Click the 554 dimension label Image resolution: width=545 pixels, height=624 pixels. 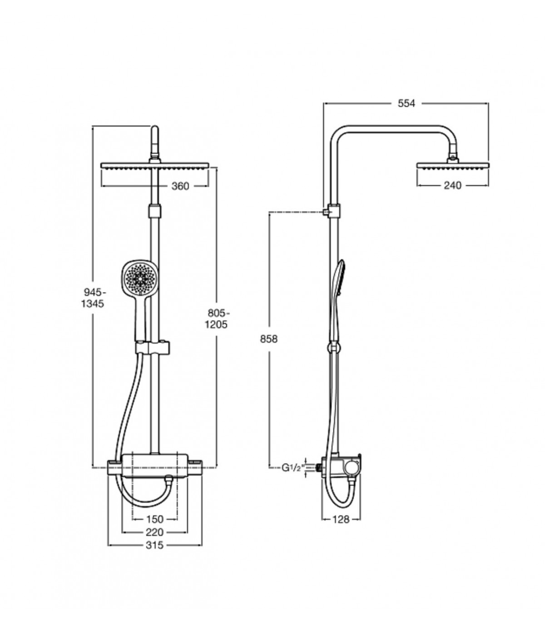pyautogui.click(x=406, y=104)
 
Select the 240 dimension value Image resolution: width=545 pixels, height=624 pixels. pyautogui.click(x=452, y=186)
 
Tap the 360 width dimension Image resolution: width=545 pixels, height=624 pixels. pyautogui.click(x=180, y=186)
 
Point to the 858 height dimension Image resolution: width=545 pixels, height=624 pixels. pyautogui.click(x=268, y=339)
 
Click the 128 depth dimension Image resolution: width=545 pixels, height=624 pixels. pyautogui.click(x=341, y=519)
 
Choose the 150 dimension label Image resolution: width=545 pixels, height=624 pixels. pyautogui.click(x=155, y=519)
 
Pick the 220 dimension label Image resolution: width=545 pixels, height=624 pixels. pyautogui.click(x=155, y=532)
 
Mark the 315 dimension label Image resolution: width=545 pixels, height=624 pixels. pyautogui.click(x=155, y=545)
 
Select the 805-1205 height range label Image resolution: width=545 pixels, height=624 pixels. pyautogui.click(x=218, y=318)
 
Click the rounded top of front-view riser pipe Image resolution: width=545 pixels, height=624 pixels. pyautogui.click(x=155, y=131)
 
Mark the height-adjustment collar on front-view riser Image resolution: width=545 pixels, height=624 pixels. pyautogui.click(x=155, y=211)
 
